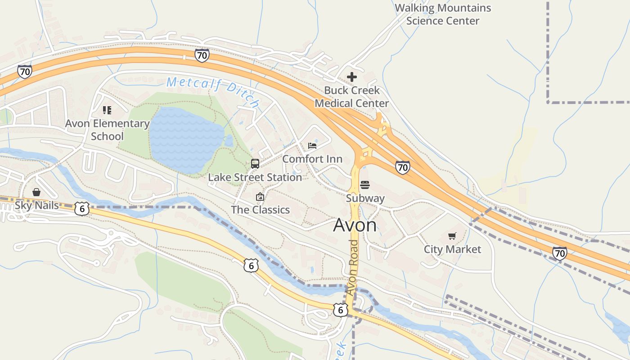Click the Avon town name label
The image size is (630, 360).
point(355,225)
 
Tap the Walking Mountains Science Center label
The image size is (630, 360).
point(443,14)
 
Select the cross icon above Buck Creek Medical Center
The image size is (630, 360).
point(352,77)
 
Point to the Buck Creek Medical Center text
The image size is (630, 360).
point(351,97)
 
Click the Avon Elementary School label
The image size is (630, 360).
point(107,130)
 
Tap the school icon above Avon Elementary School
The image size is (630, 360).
point(107,110)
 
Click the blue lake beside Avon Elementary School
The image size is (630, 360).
point(184,139)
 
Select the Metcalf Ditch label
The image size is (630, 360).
point(213,92)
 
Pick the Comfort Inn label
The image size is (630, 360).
point(312,159)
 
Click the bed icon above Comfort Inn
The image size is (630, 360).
point(312,145)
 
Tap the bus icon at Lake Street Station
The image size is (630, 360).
point(255,163)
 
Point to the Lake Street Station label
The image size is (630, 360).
point(255,177)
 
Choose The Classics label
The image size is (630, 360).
point(260,210)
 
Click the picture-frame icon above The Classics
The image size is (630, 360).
point(260,197)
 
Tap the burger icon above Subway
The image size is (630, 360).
point(365,185)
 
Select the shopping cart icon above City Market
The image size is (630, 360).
point(452,236)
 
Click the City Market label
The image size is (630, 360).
point(452,249)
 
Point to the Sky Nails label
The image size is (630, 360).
point(37,205)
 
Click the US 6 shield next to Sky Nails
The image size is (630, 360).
point(81,208)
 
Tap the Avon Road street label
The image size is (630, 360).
point(353,267)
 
